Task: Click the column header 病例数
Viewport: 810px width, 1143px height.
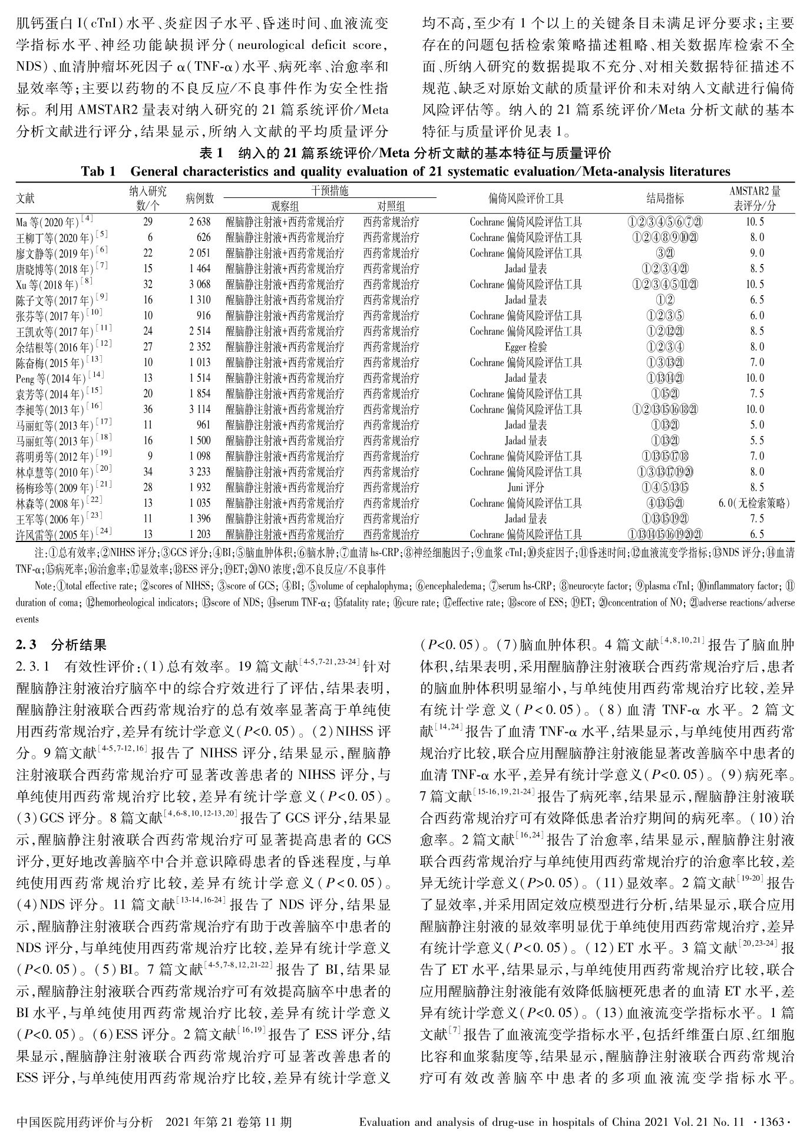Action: [x=200, y=199]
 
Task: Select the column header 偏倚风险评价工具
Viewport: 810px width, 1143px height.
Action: [x=525, y=199]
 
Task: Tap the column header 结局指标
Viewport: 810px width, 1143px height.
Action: [x=665, y=199]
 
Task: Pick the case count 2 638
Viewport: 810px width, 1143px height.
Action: [x=200, y=222]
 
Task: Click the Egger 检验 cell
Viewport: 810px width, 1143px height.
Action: [x=525, y=347]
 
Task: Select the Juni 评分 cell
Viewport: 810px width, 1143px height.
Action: [x=525, y=487]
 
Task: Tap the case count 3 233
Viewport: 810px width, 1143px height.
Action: [x=200, y=472]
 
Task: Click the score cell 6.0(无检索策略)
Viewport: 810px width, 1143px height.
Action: [x=754, y=503]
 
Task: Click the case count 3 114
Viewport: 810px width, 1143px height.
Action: [x=200, y=409]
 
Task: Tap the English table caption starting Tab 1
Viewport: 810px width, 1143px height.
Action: [x=405, y=171]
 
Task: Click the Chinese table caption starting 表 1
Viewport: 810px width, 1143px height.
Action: [x=405, y=154]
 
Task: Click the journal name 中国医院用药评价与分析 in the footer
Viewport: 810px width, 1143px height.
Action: [x=85, y=1122]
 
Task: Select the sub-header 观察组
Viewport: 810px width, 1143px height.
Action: [x=285, y=206]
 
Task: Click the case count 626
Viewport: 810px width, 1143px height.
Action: [x=203, y=238]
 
